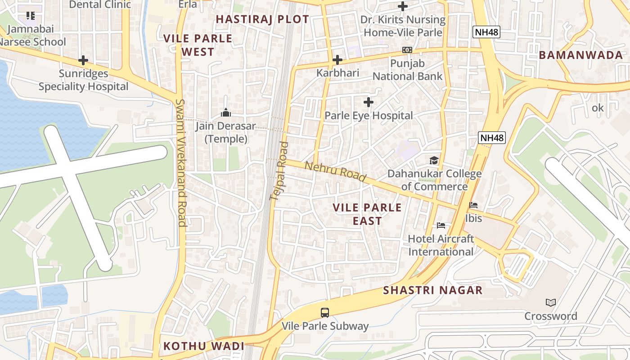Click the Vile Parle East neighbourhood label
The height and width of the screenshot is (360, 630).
[x=367, y=214]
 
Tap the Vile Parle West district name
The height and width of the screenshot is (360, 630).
[x=198, y=45]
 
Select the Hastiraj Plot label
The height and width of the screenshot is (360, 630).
[x=262, y=19]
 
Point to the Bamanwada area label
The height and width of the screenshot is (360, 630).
[x=580, y=55]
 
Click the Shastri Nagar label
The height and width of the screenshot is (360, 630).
[x=433, y=290]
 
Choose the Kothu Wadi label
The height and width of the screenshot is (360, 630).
[x=204, y=346]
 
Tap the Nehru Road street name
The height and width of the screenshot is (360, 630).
[x=335, y=172]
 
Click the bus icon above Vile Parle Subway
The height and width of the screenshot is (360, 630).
[x=325, y=312]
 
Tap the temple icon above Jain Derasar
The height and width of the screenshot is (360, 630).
[x=226, y=112]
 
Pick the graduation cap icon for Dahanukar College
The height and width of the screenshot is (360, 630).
[x=434, y=160]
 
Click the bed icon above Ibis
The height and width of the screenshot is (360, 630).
[x=473, y=205]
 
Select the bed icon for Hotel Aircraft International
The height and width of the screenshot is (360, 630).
[x=441, y=225]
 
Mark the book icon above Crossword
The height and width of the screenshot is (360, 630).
[x=550, y=302]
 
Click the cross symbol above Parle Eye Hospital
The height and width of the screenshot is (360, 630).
[x=369, y=102]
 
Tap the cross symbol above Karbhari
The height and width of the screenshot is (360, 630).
[x=337, y=59]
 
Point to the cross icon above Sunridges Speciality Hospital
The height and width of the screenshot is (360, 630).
[x=83, y=60]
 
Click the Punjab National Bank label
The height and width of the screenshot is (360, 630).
[x=407, y=70]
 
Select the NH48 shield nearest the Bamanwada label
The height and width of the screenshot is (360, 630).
[x=486, y=32]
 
